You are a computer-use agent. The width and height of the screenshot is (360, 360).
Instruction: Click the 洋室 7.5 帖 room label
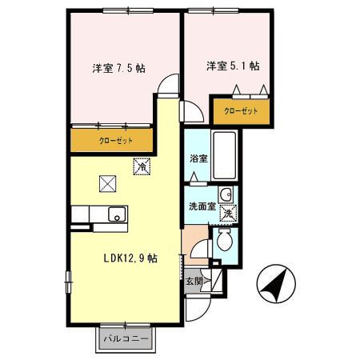coord(119,69)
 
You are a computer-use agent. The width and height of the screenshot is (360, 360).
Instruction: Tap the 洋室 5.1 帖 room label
coord(233,66)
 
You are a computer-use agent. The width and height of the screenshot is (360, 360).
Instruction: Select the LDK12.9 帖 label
coord(130,258)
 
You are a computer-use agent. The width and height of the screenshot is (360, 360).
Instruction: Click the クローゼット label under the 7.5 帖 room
coord(116,141)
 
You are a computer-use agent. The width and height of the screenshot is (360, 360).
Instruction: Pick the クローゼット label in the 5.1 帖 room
coord(241,110)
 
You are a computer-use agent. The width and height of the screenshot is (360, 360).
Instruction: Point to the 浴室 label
coord(198,158)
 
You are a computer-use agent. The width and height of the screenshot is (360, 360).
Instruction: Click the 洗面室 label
coord(202,206)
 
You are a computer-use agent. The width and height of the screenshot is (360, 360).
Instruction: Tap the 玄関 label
coord(194,281)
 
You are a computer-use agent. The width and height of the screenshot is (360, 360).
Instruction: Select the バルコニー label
coord(126,338)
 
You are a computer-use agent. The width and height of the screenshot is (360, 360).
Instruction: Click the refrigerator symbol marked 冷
coord(142,166)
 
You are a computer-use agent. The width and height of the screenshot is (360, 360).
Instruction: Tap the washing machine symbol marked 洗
coord(228,213)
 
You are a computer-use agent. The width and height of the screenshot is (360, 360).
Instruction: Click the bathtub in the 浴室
coord(225,156)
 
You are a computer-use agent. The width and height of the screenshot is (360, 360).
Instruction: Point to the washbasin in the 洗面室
coord(226,194)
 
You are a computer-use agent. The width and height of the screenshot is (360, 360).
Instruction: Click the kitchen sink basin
coord(117,214)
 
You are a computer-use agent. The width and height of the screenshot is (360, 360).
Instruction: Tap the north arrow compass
coord(276,284)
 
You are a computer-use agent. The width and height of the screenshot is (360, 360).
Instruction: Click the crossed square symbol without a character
coord(107,183)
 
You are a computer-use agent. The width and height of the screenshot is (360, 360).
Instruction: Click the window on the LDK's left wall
coord(69,282)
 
